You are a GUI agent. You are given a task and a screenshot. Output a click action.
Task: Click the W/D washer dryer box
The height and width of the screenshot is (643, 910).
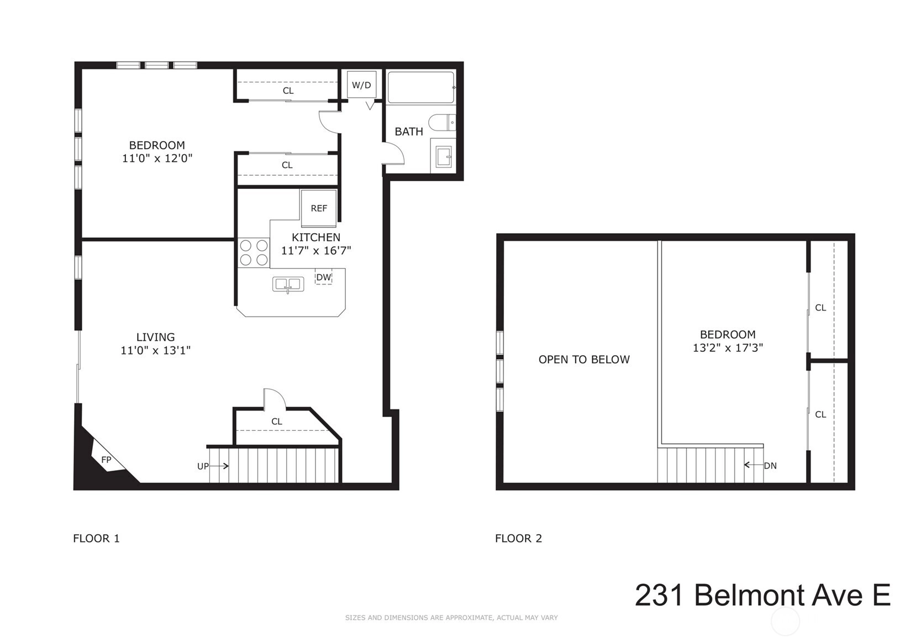[x=361, y=85]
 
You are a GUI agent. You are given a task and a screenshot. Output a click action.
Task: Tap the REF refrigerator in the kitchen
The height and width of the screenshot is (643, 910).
[x=319, y=208]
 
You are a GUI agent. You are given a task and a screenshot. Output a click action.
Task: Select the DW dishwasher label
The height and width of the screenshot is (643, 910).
[x=324, y=277]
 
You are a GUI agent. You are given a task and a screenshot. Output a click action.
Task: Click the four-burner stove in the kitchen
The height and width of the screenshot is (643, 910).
[x=254, y=252]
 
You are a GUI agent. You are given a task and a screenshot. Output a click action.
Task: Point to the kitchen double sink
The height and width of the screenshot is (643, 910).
[x=288, y=284]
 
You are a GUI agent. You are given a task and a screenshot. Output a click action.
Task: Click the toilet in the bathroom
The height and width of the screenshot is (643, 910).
[x=442, y=123]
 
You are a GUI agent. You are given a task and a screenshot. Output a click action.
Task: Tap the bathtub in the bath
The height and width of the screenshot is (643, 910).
[x=421, y=88]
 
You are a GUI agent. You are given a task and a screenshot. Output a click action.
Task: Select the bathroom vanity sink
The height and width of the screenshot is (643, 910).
[x=443, y=156]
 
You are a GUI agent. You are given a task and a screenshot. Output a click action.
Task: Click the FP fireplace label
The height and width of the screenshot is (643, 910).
[x=106, y=460]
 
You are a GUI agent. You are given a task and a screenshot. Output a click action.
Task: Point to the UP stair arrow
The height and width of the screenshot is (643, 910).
[x=219, y=466]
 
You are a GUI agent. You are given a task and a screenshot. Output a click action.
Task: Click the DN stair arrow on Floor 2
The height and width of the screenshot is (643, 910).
[x=753, y=465]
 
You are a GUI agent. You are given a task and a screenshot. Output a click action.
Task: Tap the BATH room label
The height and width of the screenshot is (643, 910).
[x=409, y=131]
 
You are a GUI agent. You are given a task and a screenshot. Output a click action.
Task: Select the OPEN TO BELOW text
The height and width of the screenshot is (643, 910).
[x=584, y=360]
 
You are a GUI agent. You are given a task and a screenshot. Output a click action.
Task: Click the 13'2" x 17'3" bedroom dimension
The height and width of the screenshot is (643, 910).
[x=728, y=347]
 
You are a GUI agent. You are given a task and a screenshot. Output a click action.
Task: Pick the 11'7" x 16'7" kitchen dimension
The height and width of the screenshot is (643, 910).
[x=316, y=251]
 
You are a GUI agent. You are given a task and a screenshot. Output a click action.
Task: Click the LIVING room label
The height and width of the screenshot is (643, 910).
[x=156, y=337]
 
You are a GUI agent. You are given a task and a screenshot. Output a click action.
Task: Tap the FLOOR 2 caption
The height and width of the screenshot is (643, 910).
[x=518, y=539]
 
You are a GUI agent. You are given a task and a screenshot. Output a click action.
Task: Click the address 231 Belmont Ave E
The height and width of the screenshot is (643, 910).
[x=762, y=595]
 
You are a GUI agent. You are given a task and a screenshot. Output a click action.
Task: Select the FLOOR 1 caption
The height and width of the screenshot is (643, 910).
[x=96, y=539]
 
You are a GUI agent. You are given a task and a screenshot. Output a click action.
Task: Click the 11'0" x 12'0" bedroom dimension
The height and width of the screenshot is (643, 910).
[x=157, y=158]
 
